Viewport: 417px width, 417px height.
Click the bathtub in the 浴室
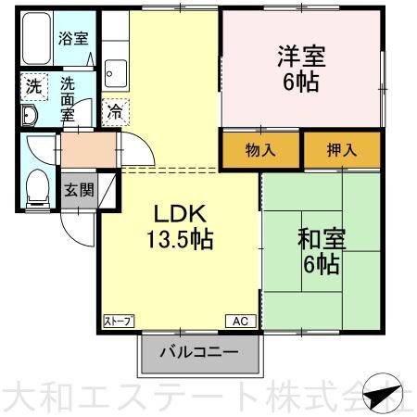coord(37,38)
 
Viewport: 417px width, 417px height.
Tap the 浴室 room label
coord(73,38)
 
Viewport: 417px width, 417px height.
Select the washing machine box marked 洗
coord(34,87)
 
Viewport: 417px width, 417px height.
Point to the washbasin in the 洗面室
coord(30,115)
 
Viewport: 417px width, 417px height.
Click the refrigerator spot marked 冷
coord(115,112)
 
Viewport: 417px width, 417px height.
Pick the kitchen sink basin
coord(116,73)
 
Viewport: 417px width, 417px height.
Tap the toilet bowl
coord(38,187)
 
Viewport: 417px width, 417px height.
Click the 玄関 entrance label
coord(80,190)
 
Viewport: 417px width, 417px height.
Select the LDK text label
coord(180,214)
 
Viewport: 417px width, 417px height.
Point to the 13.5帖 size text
coord(180,239)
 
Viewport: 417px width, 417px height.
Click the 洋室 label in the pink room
coord(301,57)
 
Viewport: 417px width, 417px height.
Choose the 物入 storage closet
coord(260,150)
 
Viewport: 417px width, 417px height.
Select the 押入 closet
coord(342,150)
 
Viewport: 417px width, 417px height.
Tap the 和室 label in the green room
coord(322,239)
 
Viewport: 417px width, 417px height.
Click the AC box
coord(241,322)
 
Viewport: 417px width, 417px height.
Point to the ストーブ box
coord(119,322)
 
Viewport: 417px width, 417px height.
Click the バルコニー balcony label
coord(199,352)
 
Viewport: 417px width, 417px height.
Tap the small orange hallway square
coord(89,150)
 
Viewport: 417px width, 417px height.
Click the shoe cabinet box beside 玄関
coord(107,191)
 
